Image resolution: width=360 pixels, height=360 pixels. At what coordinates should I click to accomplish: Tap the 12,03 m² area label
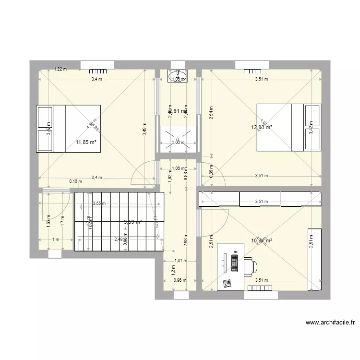pos(262,127)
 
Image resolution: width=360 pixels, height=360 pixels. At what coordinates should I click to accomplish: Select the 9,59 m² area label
pos(132,222)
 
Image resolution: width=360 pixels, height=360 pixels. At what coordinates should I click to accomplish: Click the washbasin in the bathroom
pos(178,76)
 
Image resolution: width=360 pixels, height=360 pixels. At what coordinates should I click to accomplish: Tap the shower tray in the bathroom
pos(178,139)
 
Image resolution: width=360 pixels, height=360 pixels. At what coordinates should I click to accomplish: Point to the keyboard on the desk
pos(235,263)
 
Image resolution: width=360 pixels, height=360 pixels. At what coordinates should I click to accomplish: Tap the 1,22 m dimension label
pos(60,69)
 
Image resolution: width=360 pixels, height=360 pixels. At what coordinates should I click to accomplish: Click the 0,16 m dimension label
pos(75,181)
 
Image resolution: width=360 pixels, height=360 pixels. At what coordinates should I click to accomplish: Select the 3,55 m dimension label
pos(100,203)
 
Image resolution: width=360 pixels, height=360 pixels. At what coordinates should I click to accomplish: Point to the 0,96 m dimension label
pos(180,280)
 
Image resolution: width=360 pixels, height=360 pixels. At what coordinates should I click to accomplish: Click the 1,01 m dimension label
pos(180,261)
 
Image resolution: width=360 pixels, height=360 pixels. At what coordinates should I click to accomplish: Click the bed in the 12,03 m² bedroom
pos(288,127)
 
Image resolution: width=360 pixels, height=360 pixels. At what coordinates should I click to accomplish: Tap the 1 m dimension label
pos(56,240)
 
